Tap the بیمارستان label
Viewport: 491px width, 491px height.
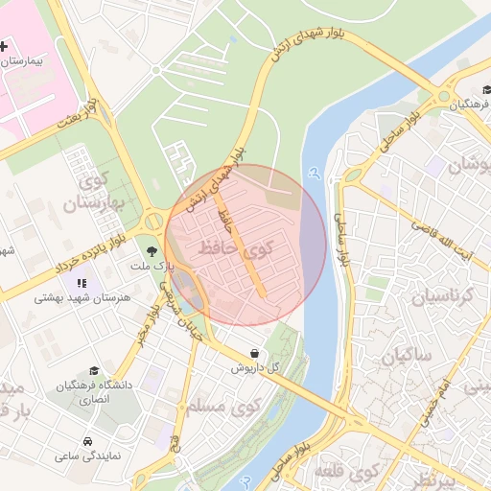point(27,60)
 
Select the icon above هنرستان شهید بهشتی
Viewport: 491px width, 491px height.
point(82,283)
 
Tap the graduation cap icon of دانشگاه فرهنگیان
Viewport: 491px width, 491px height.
point(93,370)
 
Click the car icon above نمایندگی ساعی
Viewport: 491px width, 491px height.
point(87,442)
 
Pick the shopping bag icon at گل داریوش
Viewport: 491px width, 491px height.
point(252,353)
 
